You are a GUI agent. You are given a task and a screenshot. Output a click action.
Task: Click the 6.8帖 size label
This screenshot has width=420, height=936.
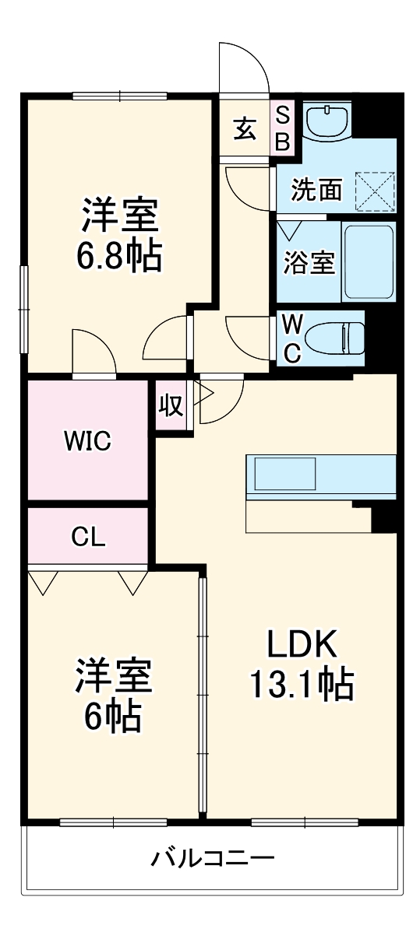tap(119, 254)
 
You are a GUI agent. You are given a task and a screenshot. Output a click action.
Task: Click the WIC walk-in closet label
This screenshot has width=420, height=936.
tap(87, 441)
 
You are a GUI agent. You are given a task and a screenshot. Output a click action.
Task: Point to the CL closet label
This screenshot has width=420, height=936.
tap(87, 537)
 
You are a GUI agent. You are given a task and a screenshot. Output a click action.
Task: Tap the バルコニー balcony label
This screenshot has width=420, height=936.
tap(213, 860)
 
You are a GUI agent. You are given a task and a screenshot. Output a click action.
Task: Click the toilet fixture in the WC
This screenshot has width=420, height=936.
tap(335, 338)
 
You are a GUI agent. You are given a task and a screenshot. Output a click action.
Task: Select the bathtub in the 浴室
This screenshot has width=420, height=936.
tap(369, 261)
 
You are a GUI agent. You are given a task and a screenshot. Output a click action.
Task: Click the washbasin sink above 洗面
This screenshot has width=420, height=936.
tap(326, 121)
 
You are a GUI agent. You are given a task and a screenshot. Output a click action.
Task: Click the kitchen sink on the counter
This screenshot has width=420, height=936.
tap(282, 474)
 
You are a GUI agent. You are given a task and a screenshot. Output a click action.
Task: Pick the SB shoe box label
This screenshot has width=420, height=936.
tap(283, 128)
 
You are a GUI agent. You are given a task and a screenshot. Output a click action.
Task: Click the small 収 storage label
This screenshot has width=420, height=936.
tap(171, 404)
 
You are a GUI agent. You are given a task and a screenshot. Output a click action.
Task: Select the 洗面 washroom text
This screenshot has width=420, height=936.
tap(316, 190)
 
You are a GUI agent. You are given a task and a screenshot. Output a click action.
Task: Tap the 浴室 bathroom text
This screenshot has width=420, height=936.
tap(309, 263)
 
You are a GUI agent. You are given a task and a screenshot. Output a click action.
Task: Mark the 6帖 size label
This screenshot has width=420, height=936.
tap(113, 716)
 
